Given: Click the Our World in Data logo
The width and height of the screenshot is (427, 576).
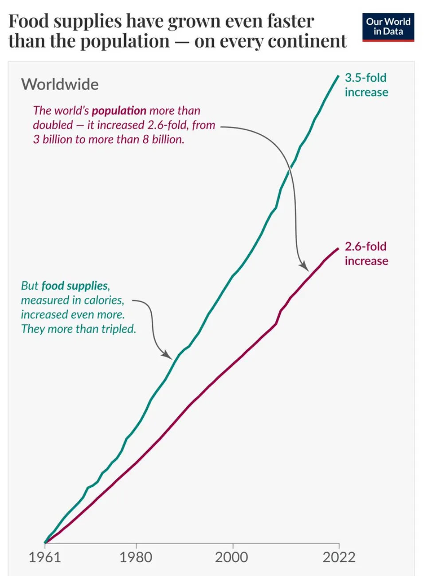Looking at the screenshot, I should [388, 27].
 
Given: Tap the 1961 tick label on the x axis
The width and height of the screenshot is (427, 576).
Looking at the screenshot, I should [44, 557].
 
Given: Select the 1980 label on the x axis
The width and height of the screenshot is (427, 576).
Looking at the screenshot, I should [136, 557].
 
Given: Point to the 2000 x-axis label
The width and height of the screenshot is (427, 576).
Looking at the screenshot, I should [232, 557].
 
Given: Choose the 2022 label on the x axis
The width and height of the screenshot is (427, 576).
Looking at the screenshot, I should [339, 557].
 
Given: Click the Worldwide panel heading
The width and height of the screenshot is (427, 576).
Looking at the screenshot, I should [60, 84].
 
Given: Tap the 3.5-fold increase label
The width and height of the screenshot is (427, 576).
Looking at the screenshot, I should [366, 85].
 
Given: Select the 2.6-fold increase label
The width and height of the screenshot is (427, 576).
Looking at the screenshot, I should [366, 254].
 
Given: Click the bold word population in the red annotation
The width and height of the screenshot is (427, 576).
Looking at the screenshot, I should [119, 110].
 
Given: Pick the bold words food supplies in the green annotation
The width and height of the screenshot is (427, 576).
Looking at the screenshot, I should [75, 286].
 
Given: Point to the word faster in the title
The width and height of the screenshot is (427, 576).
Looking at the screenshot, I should [291, 21].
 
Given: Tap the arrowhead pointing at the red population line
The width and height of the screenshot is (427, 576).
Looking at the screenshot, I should [305, 267].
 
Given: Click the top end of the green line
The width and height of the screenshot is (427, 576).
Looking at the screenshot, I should [338, 76].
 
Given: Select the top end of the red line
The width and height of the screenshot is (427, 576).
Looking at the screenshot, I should [338, 248].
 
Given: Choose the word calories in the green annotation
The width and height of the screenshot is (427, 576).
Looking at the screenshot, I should [103, 300].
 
